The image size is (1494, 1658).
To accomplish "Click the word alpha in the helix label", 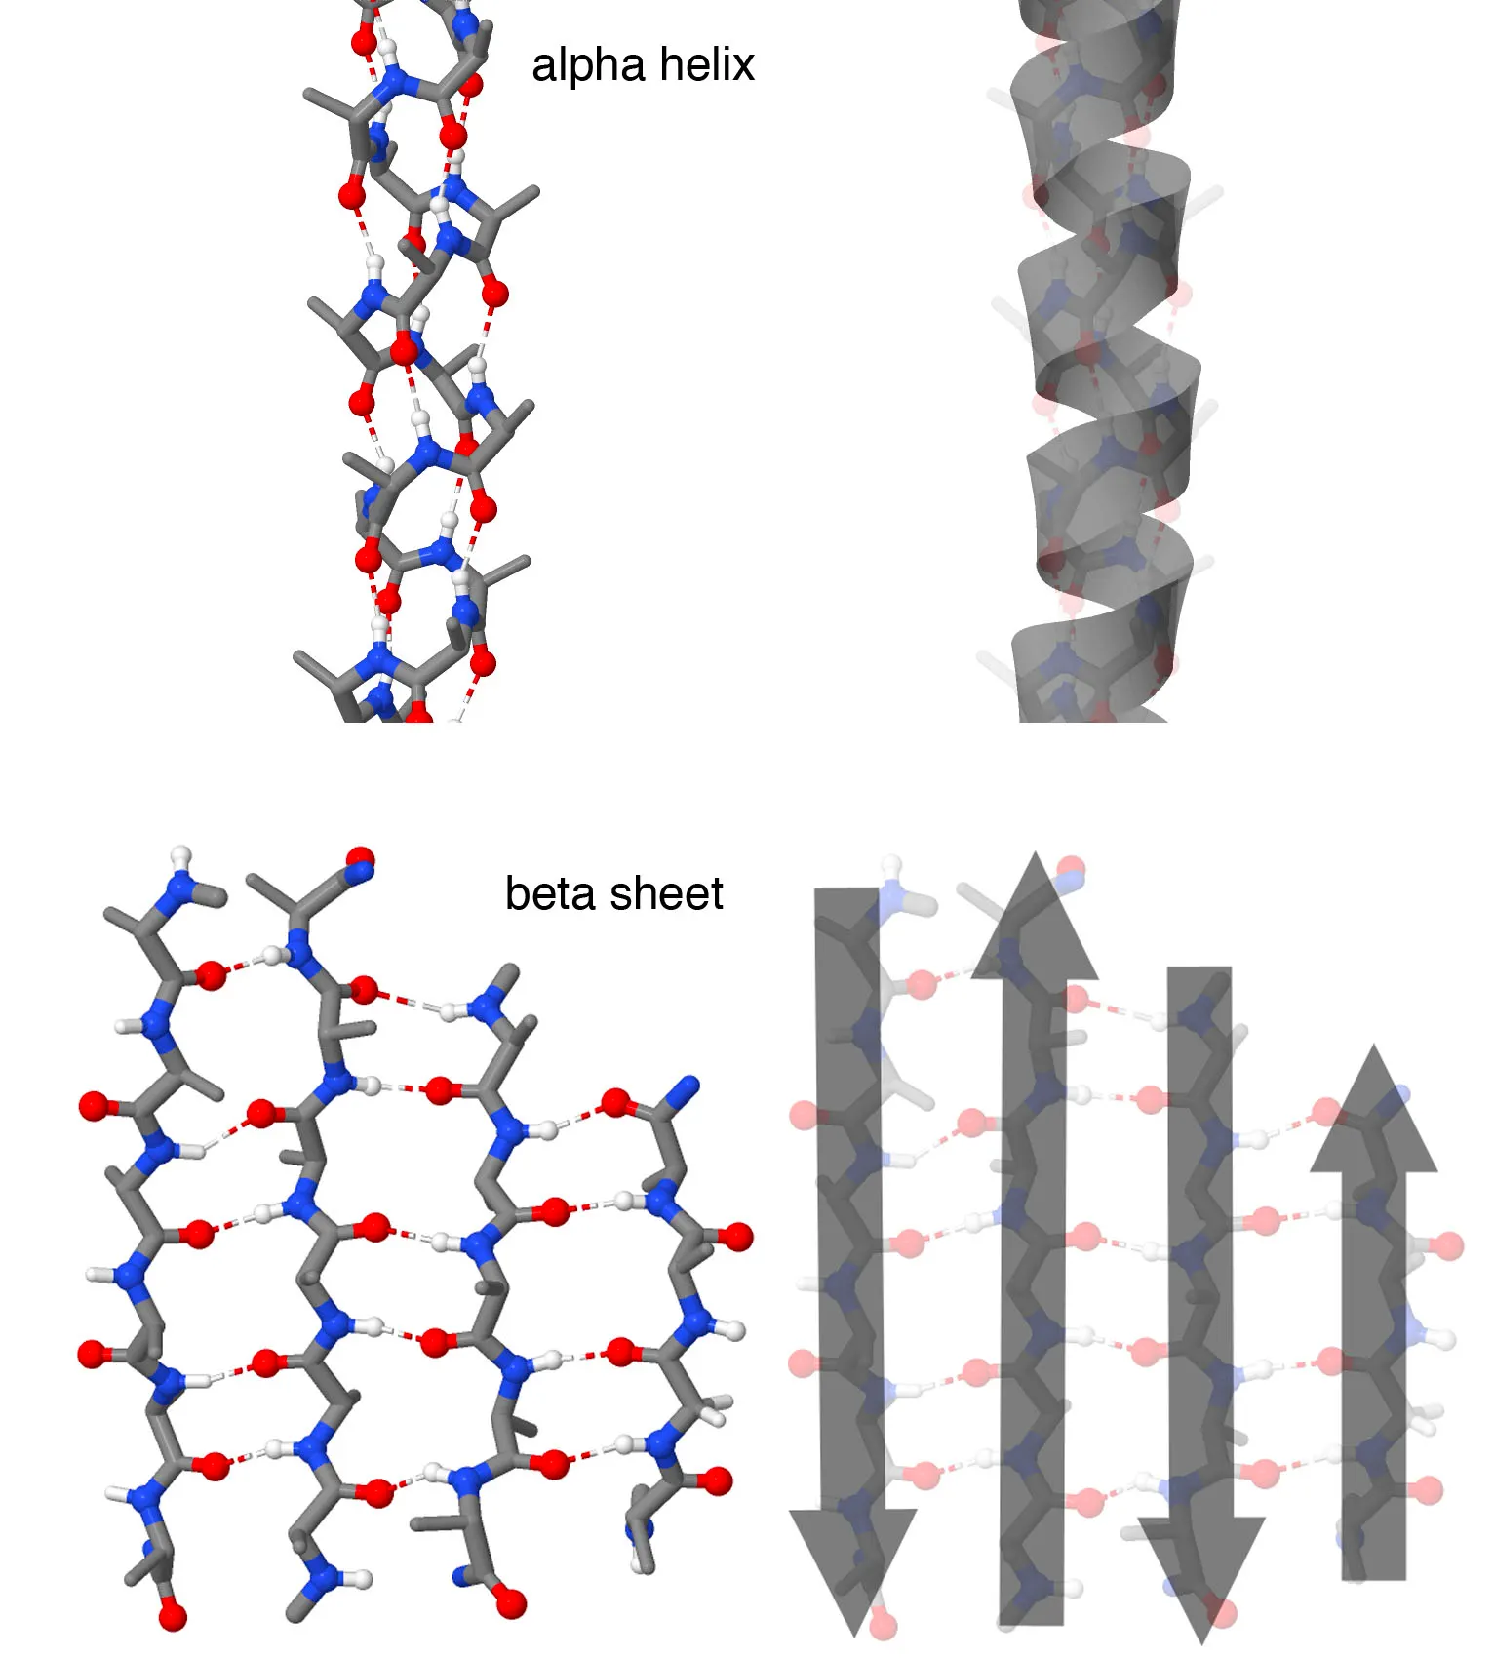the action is (587, 66).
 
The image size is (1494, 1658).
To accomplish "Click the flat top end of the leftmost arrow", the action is (846, 893).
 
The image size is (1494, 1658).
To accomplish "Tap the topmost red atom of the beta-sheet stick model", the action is (360, 859).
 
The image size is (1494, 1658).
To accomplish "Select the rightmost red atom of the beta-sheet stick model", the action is (738, 1238).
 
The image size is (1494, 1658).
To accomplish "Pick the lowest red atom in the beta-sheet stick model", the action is (172, 1618).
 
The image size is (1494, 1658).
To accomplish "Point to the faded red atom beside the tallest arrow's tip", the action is (1071, 868).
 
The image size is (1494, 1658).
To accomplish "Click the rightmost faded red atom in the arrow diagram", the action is (1449, 1245).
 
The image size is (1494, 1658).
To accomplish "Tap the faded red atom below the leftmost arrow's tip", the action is (883, 1625).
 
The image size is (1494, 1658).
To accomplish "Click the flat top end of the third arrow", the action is (1199, 971).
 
